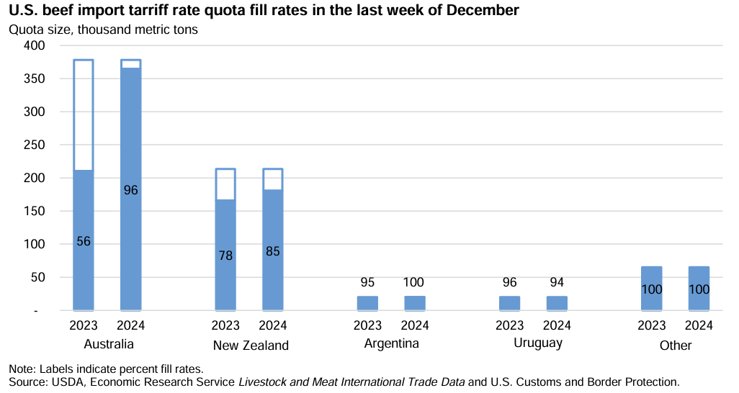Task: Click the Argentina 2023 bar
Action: [367, 303]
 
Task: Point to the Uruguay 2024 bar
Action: [557, 303]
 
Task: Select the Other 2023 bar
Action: [651, 288]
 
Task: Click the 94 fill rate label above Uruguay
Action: [557, 282]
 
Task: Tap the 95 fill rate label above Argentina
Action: [367, 282]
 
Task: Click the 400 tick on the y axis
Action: [35, 45]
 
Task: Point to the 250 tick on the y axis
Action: [35, 145]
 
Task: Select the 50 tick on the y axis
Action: [37, 277]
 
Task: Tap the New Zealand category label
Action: [251, 345]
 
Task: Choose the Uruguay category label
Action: [537, 343]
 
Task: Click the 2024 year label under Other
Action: [699, 326]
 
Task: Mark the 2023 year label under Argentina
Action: [367, 326]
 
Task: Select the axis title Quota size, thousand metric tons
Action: [103, 30]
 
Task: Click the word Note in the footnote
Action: [19, 368]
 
